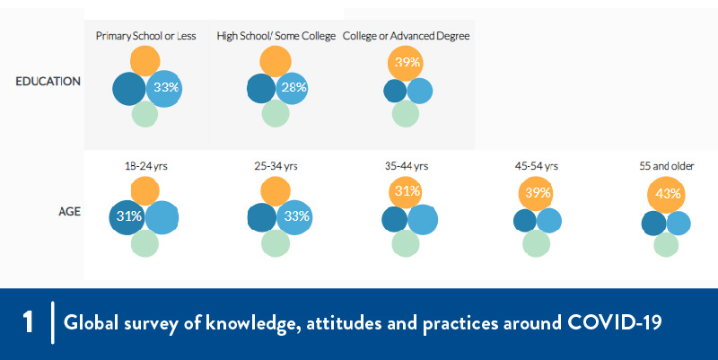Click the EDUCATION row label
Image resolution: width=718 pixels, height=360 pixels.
(48, 82)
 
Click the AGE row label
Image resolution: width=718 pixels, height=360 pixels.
(70, 213)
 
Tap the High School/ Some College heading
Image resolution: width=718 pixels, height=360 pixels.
(276, 36)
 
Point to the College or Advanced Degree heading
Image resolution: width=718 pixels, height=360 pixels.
(407, 36)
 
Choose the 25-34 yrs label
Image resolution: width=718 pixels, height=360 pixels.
(276, 166)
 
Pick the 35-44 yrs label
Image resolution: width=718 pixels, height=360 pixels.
(407, 166)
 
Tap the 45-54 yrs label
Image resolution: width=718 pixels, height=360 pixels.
(538, 166)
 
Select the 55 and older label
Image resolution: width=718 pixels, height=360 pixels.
(666, 166)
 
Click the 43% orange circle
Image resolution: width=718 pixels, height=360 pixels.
(668, 194)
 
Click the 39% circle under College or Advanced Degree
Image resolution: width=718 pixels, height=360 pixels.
(407, 63)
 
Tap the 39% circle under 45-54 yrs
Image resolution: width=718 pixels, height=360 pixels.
(538, 194)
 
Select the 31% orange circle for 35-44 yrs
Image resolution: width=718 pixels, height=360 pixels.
(407, 192)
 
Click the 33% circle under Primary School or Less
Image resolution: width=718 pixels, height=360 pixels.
(164, 88)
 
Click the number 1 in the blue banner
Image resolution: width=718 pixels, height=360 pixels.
(28, 324)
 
